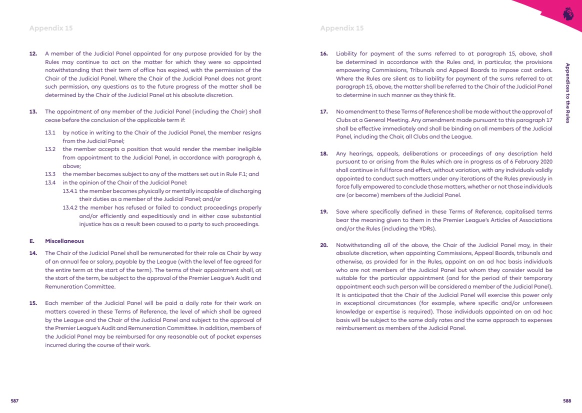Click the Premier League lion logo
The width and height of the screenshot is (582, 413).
coord(568,14)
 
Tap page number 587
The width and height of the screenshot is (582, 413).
coord(15,401)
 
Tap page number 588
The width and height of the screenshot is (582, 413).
coord(567,401)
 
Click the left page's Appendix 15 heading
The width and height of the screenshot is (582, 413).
coord(51,28)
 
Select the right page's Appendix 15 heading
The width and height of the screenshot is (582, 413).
coord(342,28)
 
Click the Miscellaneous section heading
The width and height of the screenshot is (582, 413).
coord(64,241)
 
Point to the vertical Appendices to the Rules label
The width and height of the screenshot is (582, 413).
coord(567,93)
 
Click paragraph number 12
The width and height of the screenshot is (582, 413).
coord(33,53)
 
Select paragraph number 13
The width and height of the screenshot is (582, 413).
coord(33,111)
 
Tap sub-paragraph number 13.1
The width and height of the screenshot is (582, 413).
coord(49,132)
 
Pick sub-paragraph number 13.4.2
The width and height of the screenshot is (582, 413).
coord(70,207)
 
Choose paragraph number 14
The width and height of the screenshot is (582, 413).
coord(33,253)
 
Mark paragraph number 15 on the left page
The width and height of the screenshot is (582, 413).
coord(33,303)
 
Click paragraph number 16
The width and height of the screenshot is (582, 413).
coord(324,53)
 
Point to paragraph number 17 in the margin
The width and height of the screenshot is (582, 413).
coord(324,111)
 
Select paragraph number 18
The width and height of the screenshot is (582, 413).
coord(324,153)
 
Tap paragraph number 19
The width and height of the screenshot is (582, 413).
coord(324,211)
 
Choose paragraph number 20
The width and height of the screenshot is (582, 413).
coord(324,245)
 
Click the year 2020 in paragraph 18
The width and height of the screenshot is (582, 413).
coord(545,162)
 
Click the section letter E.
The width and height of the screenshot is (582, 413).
coord(31,241)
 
